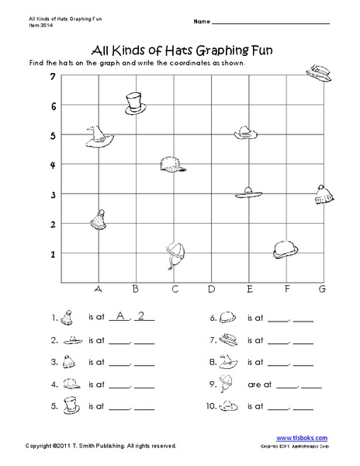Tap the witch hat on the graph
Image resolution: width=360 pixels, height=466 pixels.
[x=98, y=137]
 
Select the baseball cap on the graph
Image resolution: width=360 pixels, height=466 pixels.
[x=172, y=165]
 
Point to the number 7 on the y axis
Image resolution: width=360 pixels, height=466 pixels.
[x=53, y=77]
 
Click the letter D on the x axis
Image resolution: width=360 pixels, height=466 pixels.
[x=211, y=290]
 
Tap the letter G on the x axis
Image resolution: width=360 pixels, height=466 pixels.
[x=321, y=290]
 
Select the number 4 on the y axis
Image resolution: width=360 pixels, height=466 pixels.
[x=53, y=165]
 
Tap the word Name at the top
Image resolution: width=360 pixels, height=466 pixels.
[x=200, y=19]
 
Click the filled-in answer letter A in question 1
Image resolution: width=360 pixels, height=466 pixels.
[x=118, y=316]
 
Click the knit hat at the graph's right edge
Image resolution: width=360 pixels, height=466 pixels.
[x=323, y=195]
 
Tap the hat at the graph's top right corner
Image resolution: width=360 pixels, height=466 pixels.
[x=320, y=73]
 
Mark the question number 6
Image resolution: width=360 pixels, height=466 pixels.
[x=212, y=318]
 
